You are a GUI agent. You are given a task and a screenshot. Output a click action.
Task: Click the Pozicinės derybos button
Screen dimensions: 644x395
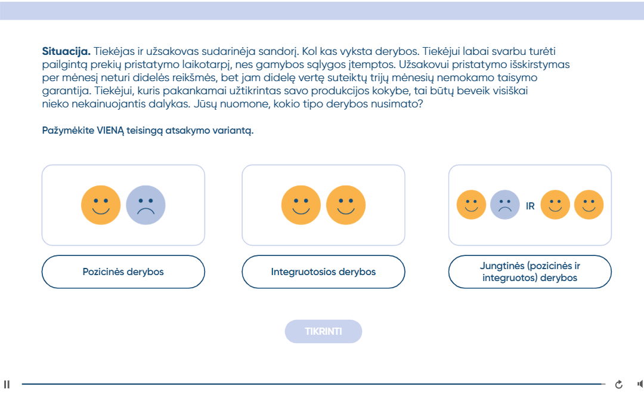[123, 271]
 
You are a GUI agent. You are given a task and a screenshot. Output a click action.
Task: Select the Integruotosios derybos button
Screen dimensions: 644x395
[323, 271]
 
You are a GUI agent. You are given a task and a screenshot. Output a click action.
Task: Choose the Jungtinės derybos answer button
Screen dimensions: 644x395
[530, 271]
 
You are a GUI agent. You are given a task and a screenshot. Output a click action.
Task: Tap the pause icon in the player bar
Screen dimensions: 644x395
[7, 384]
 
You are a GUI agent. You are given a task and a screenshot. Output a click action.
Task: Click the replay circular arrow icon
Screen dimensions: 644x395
[618, 384]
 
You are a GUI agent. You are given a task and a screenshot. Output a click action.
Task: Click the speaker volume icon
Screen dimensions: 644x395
[640, 384]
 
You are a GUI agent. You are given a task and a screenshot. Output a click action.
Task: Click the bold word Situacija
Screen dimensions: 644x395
[66, 51]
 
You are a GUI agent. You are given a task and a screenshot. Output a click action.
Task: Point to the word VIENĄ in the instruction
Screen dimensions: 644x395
[110, 130]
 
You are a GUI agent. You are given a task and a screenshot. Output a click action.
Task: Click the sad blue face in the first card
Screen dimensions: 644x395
[146, 205]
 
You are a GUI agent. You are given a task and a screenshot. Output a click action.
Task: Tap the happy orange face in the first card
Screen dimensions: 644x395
[101, 205]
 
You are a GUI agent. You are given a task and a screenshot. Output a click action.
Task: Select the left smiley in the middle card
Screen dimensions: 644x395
[301, 205]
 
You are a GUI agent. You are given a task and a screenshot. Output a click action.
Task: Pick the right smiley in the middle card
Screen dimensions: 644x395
[346, 205]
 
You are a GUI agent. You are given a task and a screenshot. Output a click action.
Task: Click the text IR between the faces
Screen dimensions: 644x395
[530, 206]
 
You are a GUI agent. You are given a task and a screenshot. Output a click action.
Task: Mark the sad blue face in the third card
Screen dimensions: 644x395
[505, 205]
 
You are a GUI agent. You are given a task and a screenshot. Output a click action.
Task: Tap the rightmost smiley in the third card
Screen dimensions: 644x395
[589, 205]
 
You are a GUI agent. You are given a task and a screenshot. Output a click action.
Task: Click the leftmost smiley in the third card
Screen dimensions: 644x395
[472, 205]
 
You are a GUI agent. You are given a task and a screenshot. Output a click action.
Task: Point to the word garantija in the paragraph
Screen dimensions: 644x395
[65, 91]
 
